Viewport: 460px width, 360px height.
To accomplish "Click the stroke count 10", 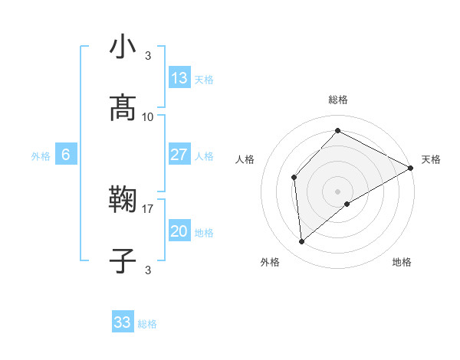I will pos(148,116).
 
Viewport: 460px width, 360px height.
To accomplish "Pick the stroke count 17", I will pos(148,208).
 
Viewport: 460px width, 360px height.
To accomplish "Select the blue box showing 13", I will pos(179,78).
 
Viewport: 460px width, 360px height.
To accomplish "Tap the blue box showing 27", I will pos(179,155).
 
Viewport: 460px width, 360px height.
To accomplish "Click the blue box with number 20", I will pos(179,231).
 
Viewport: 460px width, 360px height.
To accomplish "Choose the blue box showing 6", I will pos(66,155).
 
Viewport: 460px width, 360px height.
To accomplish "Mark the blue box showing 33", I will pos(123,322).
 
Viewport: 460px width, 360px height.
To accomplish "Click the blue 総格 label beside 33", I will pos(147,324).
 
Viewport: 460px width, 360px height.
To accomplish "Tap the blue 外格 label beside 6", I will pos(41,156).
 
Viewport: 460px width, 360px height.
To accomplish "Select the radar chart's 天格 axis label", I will pos(431,159).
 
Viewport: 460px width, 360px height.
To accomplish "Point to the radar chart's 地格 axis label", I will pos(402,262).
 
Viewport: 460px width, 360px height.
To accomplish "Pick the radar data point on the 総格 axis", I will pos(337,131).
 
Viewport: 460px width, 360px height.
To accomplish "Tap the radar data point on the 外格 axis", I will pos(302,242).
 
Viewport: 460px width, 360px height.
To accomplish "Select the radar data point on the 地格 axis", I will pos(347,204).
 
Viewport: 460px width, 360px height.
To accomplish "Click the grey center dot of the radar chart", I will pos(337,191).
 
